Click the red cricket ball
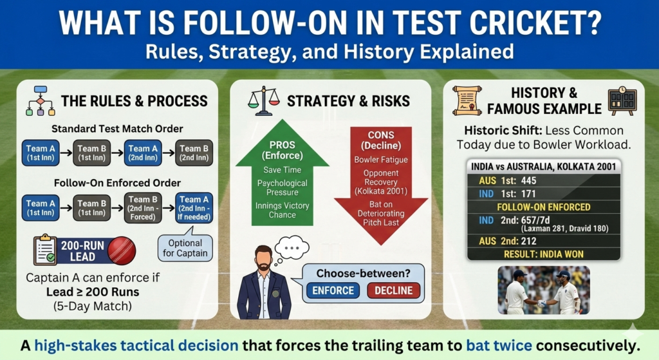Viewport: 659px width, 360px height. pos(122,251)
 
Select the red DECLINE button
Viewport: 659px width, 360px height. pos(393,290)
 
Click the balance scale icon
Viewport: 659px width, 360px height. pos(264,100)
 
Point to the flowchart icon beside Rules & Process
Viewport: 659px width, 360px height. pos(40,100)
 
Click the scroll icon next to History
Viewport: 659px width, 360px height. pos(467,100)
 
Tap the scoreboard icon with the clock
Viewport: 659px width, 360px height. pos(622,100)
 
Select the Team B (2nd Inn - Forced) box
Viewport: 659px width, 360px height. pos(145,208)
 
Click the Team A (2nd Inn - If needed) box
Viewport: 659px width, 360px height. pos(195,208)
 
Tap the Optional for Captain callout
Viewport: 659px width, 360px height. pos(185,247)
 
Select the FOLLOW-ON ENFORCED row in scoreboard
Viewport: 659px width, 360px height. pos(543,207)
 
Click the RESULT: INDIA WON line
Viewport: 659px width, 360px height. pos(543,254)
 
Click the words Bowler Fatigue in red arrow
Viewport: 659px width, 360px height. pos(380,159)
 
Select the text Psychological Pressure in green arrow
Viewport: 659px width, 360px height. pos(282,187)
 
